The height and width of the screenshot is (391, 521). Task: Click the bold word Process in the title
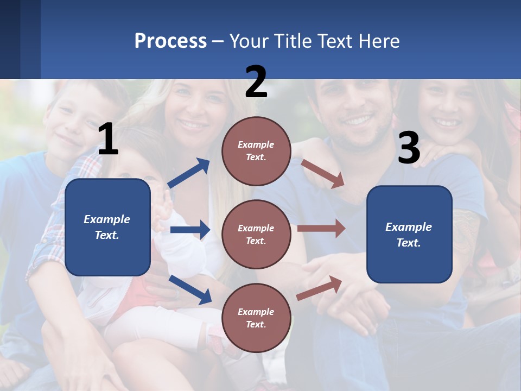point(170,41)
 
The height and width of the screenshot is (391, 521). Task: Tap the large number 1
point(108,140)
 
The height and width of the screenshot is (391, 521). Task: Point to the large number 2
point(256,82)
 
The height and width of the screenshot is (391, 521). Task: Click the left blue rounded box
point(107,227)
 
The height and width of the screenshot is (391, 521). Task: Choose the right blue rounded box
point(409,234)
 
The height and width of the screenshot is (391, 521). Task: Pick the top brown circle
point(256,151)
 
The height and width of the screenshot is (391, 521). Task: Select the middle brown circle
point(256,234)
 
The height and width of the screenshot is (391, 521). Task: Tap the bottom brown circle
point(256,318)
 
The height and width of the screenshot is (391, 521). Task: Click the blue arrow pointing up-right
point(189,173)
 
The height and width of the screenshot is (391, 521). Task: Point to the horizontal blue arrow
point(190,230)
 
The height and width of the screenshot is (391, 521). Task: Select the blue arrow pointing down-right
point(190,289)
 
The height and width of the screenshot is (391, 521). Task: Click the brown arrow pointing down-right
point(323,174)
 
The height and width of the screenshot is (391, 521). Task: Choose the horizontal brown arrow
point(321,229)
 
